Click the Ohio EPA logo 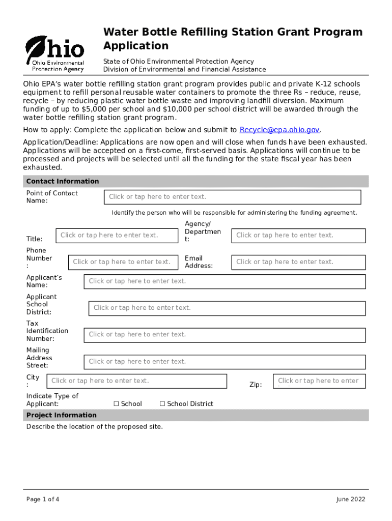pyautogui.click(x=54, y=53)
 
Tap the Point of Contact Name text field pyautogui.click(x=232, y=197)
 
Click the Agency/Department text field pyautogui.click(x=298, y=235)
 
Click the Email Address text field pyautogui.click(x=298, y=262)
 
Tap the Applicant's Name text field pyautogui.click(x=225, y=281)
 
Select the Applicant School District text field pyautogui.click(x=227, y=308)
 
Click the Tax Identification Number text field pyautogui.click(x=225, y=335)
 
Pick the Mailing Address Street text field pyautogui.click(x=225, y=362)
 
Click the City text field pyautogui.click(x=136, y=381)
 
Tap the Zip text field pyautogui.click(x=319, y=381)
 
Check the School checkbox pyautogui.click(x=116, y=404)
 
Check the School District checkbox pyautogui.click(x=162, y=404)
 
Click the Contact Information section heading pyautogui.click(x=63, y=181)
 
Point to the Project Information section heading pyautogui.click(x=61, y=415)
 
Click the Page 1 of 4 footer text pyautogui.click(x=43, y=499)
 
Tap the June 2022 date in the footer pyautogui.click(x=350, y=499)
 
